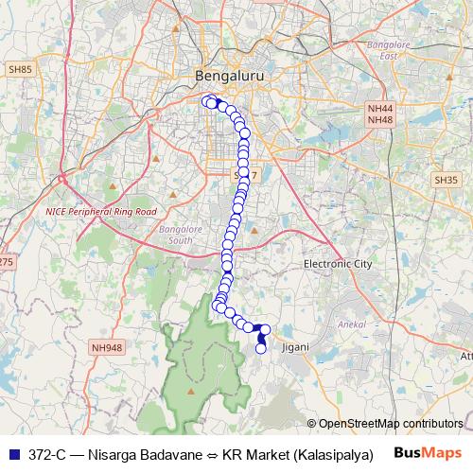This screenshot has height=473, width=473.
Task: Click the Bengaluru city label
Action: [228, 75]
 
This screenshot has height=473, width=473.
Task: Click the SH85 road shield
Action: [20, 69]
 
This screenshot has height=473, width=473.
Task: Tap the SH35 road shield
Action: [446, 179]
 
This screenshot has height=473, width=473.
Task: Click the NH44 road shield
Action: [380, 109]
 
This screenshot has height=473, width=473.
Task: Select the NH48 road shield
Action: [380, 120]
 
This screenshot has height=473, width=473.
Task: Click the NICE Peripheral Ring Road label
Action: [101, 212]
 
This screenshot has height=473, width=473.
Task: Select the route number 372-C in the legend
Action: [48, 453]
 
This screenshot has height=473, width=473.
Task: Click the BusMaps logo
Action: [428, 452]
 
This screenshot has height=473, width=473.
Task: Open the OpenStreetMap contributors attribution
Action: [391, 423]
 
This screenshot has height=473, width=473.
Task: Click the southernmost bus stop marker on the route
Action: [261, 349]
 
